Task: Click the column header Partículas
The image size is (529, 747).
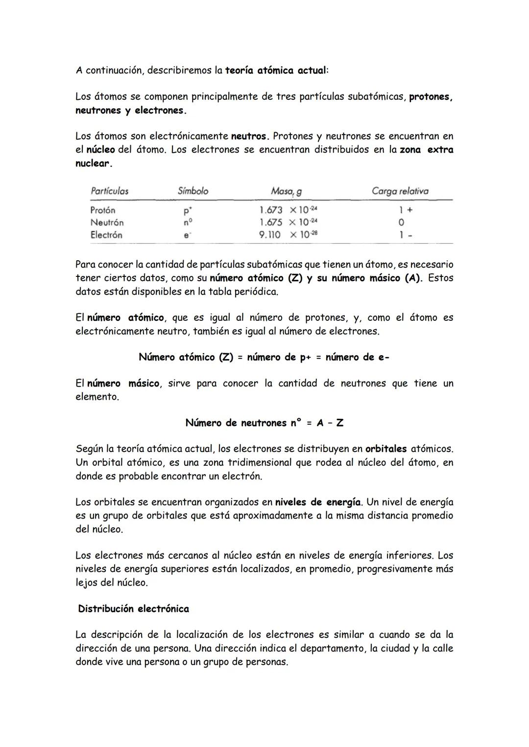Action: (109, 191)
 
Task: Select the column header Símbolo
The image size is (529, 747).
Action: (193, 191)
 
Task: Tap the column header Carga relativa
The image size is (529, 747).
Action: (400, 191)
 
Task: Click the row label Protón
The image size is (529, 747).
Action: (103, 210)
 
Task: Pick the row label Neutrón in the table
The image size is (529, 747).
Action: (107, 222)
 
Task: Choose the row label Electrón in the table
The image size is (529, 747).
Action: (106, 235)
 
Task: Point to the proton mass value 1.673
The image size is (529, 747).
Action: (270, 210)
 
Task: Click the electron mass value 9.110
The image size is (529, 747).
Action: (269, 235)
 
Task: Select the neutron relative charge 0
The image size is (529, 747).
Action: (401, 222)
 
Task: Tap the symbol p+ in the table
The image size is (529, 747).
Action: (187, 210)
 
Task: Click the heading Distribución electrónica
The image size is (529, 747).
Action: (133, 609)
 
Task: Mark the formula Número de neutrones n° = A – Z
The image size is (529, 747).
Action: (264, 423)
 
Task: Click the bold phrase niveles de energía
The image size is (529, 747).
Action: (317, 502)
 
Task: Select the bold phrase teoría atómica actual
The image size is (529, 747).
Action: (275, 70)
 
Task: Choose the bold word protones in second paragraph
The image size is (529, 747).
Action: (430, 96)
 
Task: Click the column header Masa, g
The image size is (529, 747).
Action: (286, 191)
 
